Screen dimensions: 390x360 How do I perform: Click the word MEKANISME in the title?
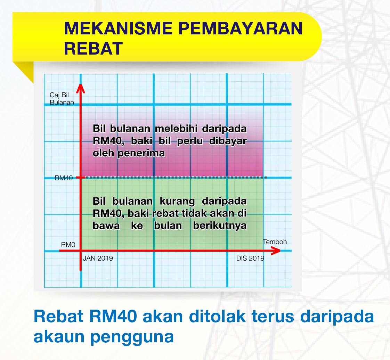(x=118, y=28)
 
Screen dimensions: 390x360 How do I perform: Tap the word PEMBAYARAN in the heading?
(x=240, y=28)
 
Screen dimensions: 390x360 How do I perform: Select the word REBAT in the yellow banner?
(x=94, y=48)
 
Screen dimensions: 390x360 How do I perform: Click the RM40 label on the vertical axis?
(x=64, y=178)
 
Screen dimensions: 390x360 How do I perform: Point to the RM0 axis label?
(x=68, y=245)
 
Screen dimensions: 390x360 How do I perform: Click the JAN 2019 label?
(x=98, y=258)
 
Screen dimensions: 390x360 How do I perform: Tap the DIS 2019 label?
(x=250, y=258)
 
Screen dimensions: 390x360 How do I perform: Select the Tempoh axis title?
(x=275, y=242)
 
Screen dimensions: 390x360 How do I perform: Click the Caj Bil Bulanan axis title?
(x=62, y=99)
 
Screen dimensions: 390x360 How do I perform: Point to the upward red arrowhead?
(x=80, y=89)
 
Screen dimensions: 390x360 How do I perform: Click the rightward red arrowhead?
(x=276, y=251)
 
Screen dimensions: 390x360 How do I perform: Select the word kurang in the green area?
(x=177, y=201)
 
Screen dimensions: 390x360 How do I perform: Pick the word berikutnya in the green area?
(x=220, y=226)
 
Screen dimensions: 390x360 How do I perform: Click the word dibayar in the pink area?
(x=228, y=141)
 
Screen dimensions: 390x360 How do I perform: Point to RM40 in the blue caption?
(x=113, y=316)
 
